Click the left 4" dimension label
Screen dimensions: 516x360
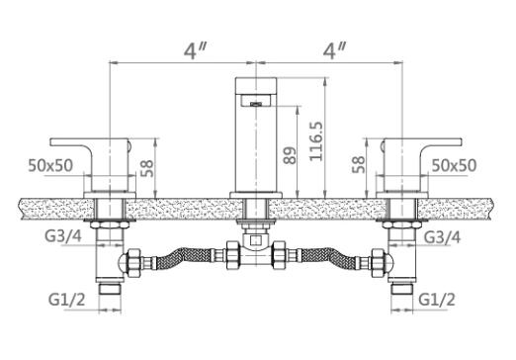pyautogui.click(x=195, y=51)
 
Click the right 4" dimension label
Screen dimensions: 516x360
pyautogui.click(x=334, y=51)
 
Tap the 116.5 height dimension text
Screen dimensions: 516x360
pyautogui.click(x=315, y=141)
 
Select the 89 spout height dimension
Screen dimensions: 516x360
pyautogui.click(x=290, y=155)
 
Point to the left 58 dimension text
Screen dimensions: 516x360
pyautogui.click(x=147, y=168)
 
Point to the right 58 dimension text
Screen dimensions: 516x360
pyautogui.click(x=359, y=164)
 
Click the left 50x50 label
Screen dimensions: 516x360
pyautogui.click(x=50, y=165)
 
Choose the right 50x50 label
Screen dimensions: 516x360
pyautogui.click(x=454, y=165)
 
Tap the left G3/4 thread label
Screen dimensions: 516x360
pyautogui.click(x=63, y=236)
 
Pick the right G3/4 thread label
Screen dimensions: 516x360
pyautogui.click(x=442, y=236)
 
